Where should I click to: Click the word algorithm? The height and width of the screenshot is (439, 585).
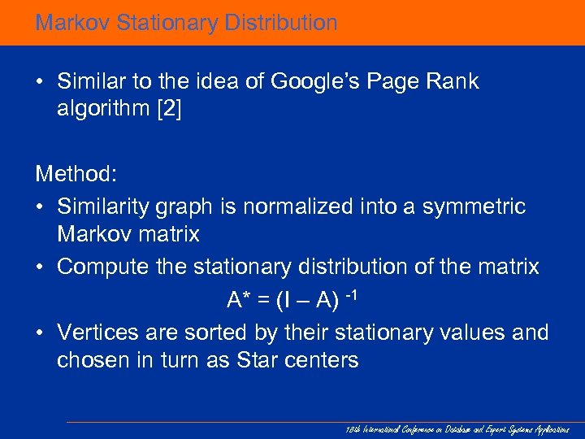pyautogui.click(x=100, y=109)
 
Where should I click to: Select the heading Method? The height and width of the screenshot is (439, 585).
pyautogui.click(x=76, y=173)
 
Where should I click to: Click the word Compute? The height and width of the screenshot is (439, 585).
pyautogui.click(x=102, y=267)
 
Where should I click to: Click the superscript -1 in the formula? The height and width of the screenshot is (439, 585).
pyautogui.click(x=351, y=293)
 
